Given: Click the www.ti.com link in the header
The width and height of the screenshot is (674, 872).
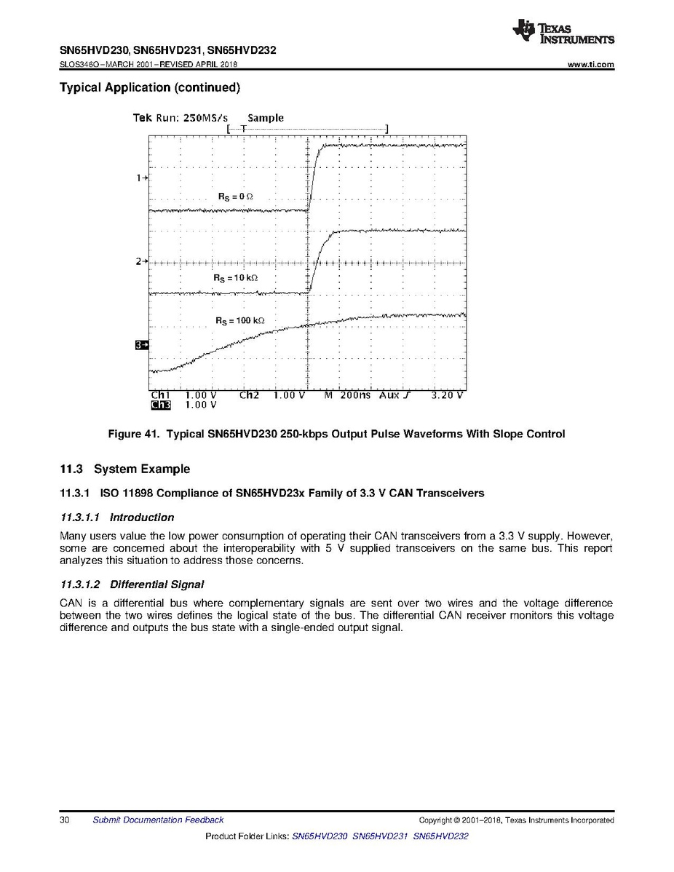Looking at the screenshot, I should (x=590, y=65).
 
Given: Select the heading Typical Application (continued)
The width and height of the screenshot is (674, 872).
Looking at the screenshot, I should (x=149, y=88).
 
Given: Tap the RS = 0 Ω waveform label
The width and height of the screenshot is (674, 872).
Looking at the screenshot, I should (x=235, y=197).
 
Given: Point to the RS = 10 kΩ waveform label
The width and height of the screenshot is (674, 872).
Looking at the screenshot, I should (x=235, y=278).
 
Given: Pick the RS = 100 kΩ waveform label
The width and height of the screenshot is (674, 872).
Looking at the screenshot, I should (x=239, y=321).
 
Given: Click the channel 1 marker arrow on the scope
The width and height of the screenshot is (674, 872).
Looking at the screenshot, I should (x=142, y=178).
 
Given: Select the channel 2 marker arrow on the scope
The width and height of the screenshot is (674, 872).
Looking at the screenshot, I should (x=142, y=261).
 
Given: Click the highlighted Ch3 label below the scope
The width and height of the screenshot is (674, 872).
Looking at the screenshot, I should (x=159, y=405).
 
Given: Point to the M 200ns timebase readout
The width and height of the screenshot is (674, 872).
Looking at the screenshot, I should (x=347, y=395).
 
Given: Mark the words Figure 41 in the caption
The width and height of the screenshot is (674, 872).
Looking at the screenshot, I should (x=133, y=435).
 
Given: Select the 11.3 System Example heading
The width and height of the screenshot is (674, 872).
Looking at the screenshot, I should (x=124, y=469).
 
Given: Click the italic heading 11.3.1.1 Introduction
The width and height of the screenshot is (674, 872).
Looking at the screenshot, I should (x=116, y=518).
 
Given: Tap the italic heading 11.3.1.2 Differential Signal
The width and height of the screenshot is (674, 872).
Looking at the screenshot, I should (x=131, y=584).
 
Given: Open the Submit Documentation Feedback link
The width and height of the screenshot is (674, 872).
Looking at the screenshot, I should (x=158, y=820).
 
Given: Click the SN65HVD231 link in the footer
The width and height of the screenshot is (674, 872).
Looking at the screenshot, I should (x=380, y=837).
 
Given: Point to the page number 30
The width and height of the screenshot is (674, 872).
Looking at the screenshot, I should (x=64, y=820).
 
